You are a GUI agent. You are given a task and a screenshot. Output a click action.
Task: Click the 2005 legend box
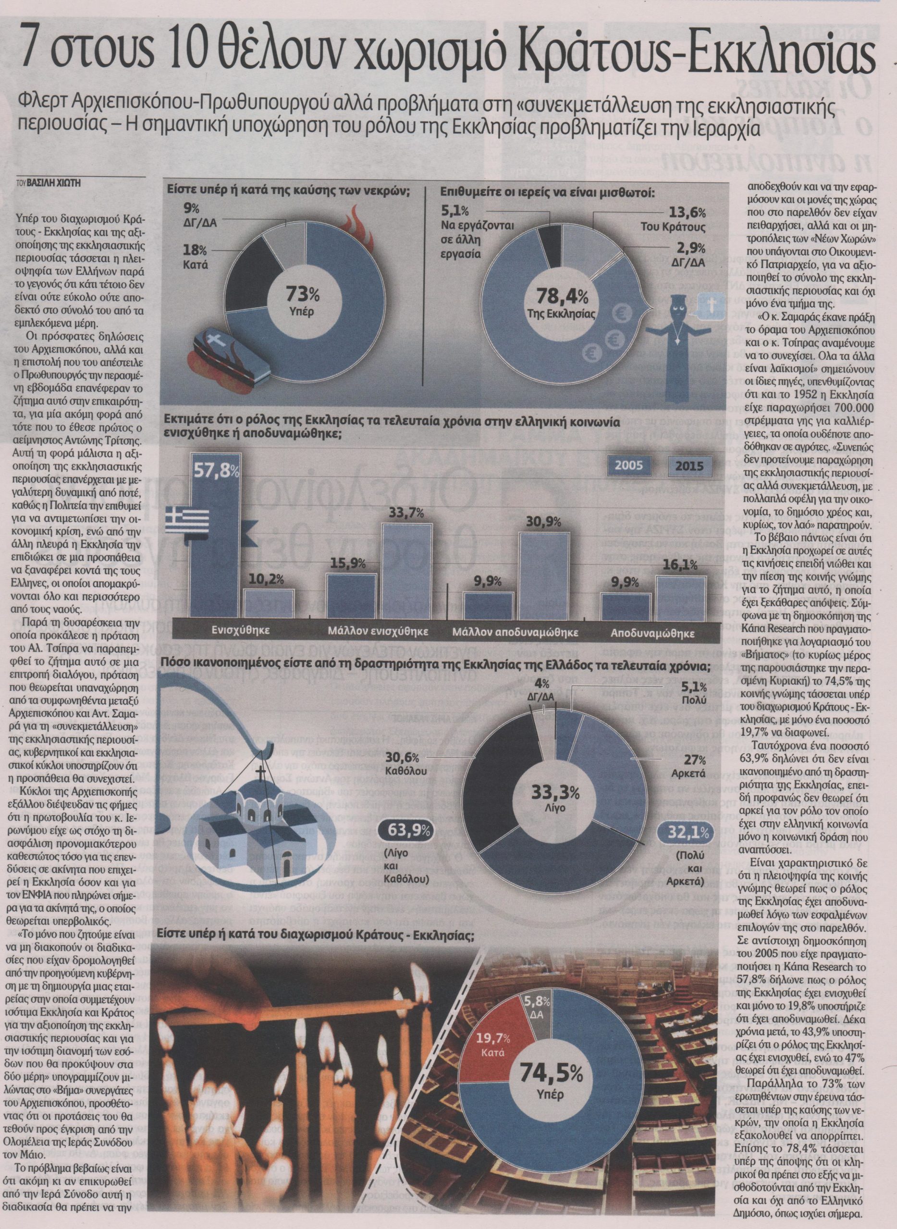[x=629, y=466]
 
